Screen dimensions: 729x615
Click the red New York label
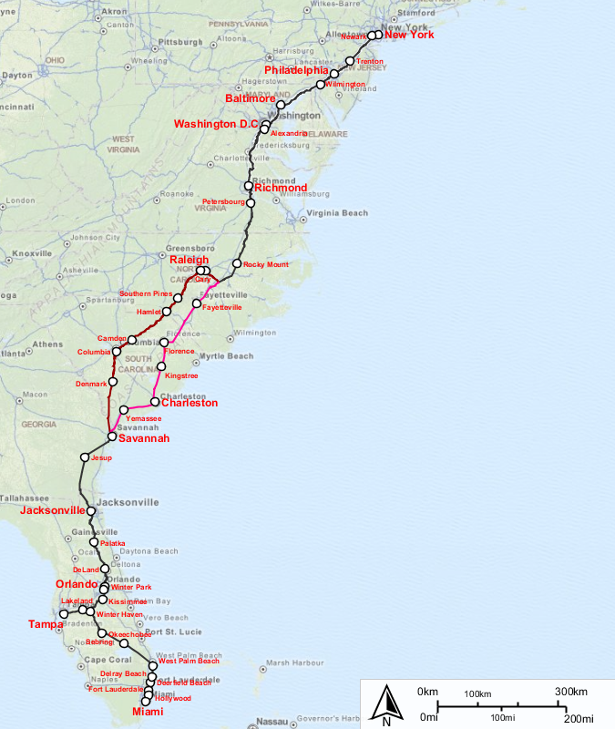click(x=408, y=36)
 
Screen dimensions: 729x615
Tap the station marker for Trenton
click(x=350, y=61)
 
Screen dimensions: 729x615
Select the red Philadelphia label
click(x=296, y=70)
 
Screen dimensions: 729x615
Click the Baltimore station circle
click(x=281, y=105)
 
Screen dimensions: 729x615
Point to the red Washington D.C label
click(x=216, y=124)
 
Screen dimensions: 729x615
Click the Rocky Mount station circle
click(x=237, y=264)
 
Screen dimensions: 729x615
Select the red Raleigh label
click(x=190, y=261)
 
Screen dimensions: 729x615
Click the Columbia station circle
click(x=117, y=352)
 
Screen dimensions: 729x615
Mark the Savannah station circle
click(x=112, y=436)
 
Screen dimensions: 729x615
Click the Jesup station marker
click(x=85, y=457)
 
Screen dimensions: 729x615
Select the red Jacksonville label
click(x=53, y=512)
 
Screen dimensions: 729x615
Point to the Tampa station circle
click(x=64, y=615)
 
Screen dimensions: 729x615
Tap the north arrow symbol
click(x=386, y=705)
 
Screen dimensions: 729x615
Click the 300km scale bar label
click(x=570, y=692)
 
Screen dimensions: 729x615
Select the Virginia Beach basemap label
click(x=337, y=213)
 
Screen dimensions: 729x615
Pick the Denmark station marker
click(x=112, y=383)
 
